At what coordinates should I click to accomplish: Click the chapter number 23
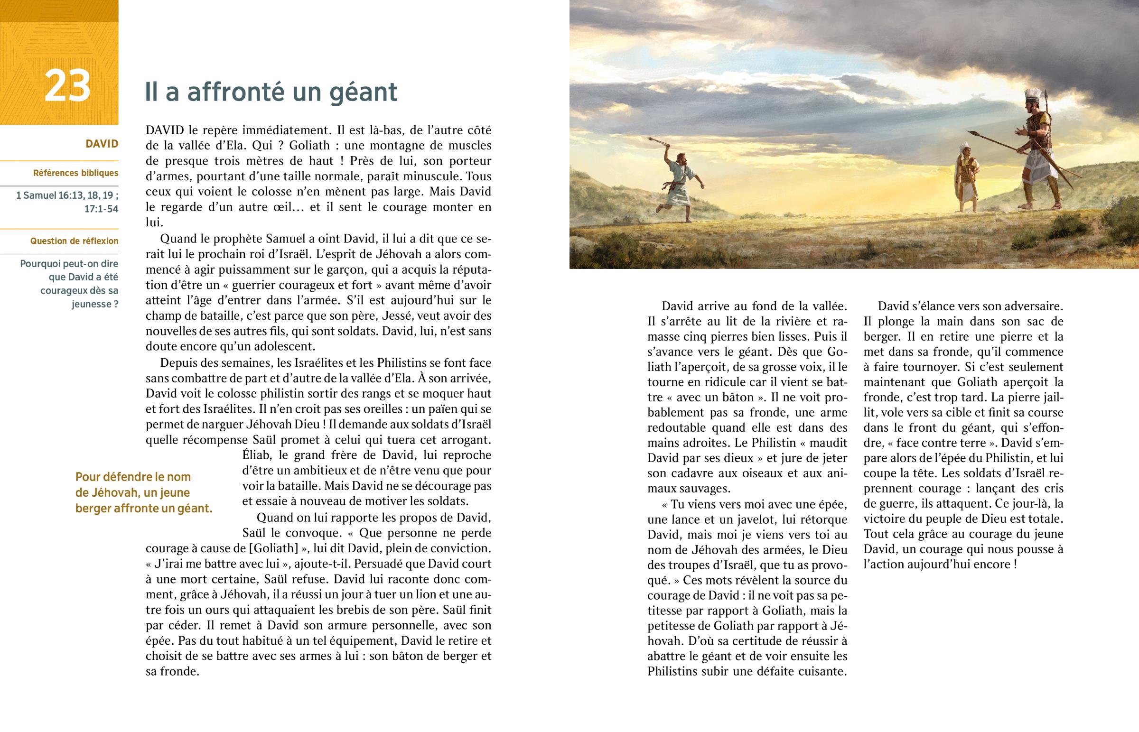(x=67, y=86)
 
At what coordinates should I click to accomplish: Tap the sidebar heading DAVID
(x=102, y=144)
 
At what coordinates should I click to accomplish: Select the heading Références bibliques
(x=75, y=173)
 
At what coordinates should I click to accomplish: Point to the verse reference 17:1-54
(x=101, y=209)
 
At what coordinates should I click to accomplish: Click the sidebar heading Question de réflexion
(x=74, y=241)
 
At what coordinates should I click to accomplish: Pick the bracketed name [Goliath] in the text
(x=273, y=548)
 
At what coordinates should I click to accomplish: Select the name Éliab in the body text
(x=257, y=455)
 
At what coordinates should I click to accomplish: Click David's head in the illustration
(x=681, y=158)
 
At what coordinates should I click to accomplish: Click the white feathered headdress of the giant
(x=1033, y=94)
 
